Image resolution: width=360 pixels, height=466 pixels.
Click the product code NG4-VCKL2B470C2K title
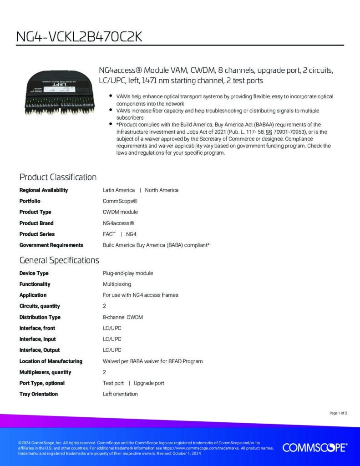[x=79, y=37]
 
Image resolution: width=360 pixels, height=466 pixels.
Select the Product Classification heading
[x=58, y=177]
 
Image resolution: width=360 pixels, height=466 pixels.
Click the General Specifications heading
[x=59, y=260]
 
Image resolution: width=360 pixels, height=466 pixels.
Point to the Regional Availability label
[x=44, y=190]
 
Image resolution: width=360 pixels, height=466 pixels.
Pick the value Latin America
[x=119, y=190]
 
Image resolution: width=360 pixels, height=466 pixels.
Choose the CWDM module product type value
[x=120, y=212]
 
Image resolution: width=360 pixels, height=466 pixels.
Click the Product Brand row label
[x=36, y=223]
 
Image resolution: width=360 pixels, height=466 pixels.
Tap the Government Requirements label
[x=51, y=245]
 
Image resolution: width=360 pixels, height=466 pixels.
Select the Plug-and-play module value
[x=128, y=273]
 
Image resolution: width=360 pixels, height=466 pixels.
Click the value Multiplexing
[x=117, y=284]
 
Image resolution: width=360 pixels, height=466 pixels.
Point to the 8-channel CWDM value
[x=123, y=317]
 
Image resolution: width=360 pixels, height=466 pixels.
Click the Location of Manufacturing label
[x=51, y=361]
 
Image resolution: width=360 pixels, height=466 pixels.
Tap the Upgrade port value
[x=149, y=383]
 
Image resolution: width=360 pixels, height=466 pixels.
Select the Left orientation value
[x=120, y=394]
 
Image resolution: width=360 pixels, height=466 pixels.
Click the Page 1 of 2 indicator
[x=338, y=413]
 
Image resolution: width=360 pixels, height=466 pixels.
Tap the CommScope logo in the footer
[x=314, y=448]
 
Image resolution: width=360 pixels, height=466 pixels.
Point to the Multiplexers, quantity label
[x=45, y=372]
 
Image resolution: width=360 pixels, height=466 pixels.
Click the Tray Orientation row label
[x=39, y=394]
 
